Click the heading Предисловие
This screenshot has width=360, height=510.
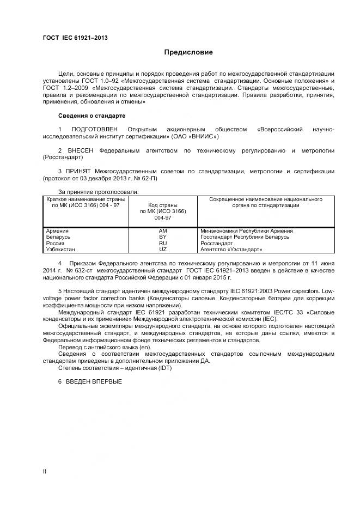point(188,52)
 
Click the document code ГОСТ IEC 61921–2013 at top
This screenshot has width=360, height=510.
point(75,38)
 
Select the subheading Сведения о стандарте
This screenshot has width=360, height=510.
point(91,116)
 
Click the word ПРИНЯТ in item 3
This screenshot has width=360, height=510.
point(78,171)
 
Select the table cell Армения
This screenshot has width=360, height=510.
point(58,231)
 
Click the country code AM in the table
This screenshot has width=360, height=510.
point(162,231)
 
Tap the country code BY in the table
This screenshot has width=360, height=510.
point(162,237)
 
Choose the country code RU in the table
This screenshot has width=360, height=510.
point(162,243)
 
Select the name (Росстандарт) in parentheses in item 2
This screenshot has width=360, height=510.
point(63,157)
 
